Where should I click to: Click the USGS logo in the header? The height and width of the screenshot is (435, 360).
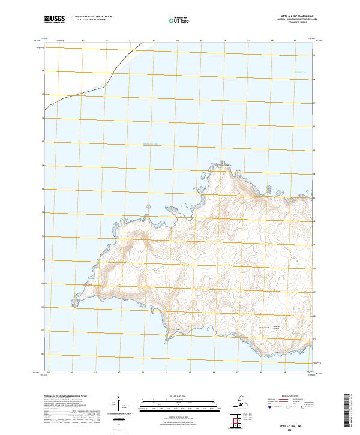(53, 20)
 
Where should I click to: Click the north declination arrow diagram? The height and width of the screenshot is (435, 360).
(120, 403)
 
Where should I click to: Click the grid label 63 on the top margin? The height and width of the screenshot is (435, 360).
(154, 40)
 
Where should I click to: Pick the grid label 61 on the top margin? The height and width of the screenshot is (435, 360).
(106, 40)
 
